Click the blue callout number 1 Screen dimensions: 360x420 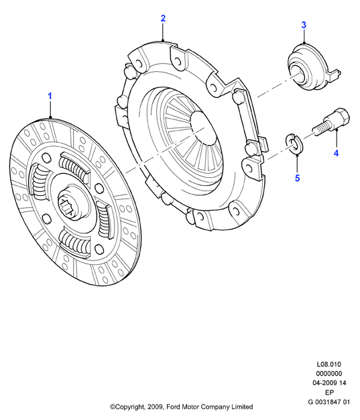(x=50, y=96)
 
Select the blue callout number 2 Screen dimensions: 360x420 (x=163, y=18)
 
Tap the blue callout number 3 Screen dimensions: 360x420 (x=304, y=25)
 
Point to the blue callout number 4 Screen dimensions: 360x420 (x=336, y=153)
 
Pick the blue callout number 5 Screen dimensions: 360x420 (x=298, y=178)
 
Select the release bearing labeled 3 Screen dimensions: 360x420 (x=313, y=68)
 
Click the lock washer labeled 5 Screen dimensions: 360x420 (x=294, y=144)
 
